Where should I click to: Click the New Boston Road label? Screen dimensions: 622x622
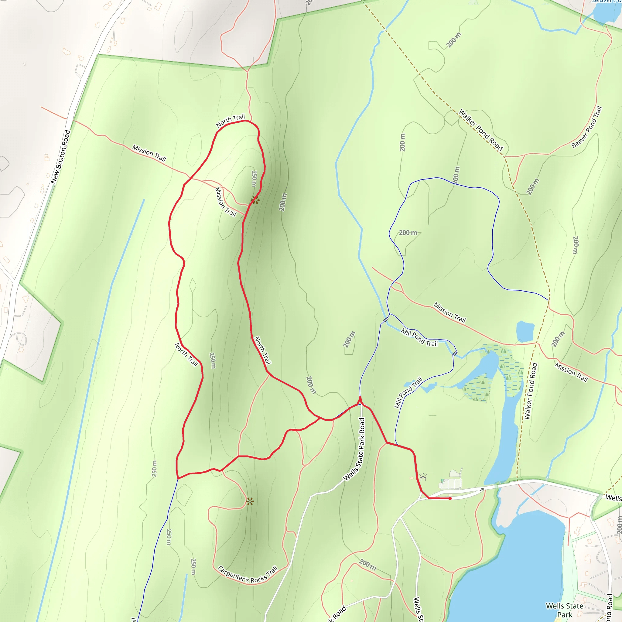click(x=60, y=157)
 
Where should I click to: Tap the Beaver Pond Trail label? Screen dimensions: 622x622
click(x=586, y=127)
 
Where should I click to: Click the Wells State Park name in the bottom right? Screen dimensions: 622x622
click(x=564, y=610)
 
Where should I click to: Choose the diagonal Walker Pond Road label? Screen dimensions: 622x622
click(x=481, y=130)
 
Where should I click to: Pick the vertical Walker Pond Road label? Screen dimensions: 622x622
click(x=531, y=391)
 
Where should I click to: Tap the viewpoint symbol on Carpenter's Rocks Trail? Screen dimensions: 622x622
click(x=250, y=501)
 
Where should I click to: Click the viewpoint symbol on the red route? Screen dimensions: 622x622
click(x=255, y=200)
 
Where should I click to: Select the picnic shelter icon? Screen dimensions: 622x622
click(x=423, y=478)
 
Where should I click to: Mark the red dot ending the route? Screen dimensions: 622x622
click(x=450, y=498)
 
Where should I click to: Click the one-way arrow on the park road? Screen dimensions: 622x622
click(x=481, y=490)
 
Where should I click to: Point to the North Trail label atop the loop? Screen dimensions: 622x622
click(x=230, y=121)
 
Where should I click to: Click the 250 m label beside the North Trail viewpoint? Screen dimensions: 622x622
click(x=254, y=179)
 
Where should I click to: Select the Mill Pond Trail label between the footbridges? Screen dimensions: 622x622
click(x=419, y=337)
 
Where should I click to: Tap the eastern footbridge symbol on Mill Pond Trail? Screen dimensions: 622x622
click(x=455, y=353)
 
